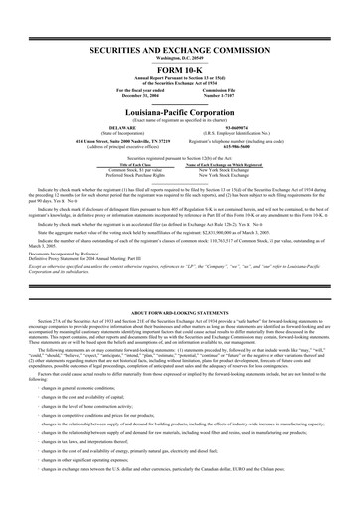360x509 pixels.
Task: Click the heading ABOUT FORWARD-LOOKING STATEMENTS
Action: tap(180, 284)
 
